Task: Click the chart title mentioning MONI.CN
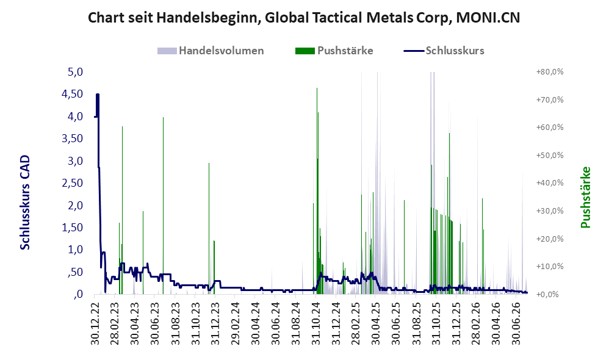[x=304, y=18]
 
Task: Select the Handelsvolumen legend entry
[x=211, y=51]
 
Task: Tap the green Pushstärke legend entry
[x=334, y=51]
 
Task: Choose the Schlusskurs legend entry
[x=444, y=51]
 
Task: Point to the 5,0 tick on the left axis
[x=75, y=72]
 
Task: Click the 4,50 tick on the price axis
[x=72, y=94]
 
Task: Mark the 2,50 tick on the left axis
[x=72, y=183]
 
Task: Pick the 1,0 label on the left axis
[x=75, y=250]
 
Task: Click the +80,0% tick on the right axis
[x=550, y=72]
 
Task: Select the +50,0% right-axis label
[x=550, y=156]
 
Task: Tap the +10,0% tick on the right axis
[x=550, y=267]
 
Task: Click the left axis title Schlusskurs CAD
[x=25, y=203]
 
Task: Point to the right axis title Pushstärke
[x=585, y=197]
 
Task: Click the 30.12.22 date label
[x=95, y=323]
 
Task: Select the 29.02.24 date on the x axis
[x=236, y=323]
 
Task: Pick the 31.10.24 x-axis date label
[x=315, y=323]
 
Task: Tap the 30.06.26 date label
[x=516, y=323]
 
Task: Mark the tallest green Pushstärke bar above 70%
[x=317, y=191]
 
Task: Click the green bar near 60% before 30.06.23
[x=163, y=206]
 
